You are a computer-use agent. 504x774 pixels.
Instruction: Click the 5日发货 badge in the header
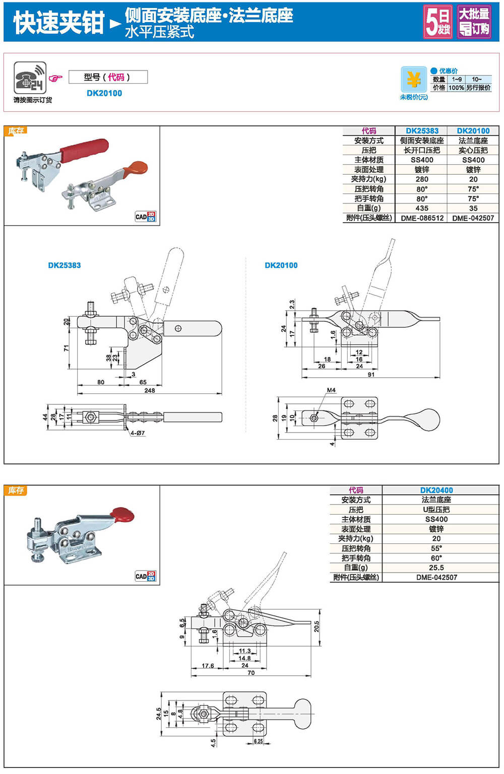(437, 22)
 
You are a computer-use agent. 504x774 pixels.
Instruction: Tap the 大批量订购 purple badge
(474, 22)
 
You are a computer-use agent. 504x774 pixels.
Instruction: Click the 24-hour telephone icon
(30, 78)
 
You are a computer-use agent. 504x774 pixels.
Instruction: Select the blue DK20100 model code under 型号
(104, 93)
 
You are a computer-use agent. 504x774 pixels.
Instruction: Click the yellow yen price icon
(413, 80)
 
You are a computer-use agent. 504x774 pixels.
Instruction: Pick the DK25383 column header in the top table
(422, 131)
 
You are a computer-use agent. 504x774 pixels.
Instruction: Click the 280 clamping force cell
(422, 179)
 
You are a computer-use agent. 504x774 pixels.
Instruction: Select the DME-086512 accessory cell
(422, 218)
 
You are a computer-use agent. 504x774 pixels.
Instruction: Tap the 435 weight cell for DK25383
(422, 208)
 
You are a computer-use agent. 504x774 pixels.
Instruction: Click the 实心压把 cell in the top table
(473, 150)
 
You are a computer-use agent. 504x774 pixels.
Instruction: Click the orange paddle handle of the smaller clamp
(138, 167)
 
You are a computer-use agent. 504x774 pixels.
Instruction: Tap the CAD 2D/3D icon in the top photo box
(145, 217)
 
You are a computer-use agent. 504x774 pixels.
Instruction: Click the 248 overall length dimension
(150, 390)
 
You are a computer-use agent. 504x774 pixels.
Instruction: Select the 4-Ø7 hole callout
(137, 433)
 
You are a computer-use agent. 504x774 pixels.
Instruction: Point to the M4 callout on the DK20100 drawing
(331, 390)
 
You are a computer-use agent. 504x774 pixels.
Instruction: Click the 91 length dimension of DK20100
(371, 374)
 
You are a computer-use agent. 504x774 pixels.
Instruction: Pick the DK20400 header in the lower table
(436, 490)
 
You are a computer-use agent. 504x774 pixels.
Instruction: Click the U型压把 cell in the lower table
(436, 510)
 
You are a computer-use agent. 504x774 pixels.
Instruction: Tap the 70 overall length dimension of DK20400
(251, 672)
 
